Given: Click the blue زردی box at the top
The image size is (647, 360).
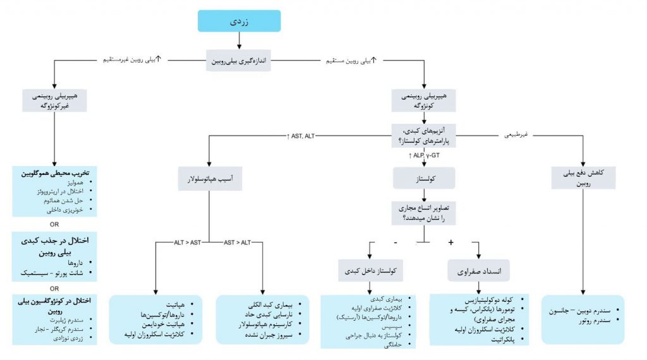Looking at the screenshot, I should [238, 21].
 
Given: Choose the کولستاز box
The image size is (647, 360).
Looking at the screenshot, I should [424, 179].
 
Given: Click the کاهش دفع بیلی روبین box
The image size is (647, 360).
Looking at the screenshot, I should [583, 179].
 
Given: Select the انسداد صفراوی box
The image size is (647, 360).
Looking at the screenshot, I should [478, 270].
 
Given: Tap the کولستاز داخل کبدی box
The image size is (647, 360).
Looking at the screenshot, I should [370, 270].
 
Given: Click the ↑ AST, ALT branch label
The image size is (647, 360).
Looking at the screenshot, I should [301, 136].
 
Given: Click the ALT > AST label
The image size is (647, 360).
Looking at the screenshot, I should [188, 243].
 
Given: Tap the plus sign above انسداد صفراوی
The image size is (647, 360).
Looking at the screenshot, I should [451, 243].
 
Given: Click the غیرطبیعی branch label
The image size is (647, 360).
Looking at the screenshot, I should [516, 135].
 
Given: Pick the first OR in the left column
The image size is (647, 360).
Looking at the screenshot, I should [54, 223].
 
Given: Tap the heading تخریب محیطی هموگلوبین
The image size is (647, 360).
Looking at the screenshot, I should [55, 172].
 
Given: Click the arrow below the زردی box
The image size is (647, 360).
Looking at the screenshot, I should [239, 40].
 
